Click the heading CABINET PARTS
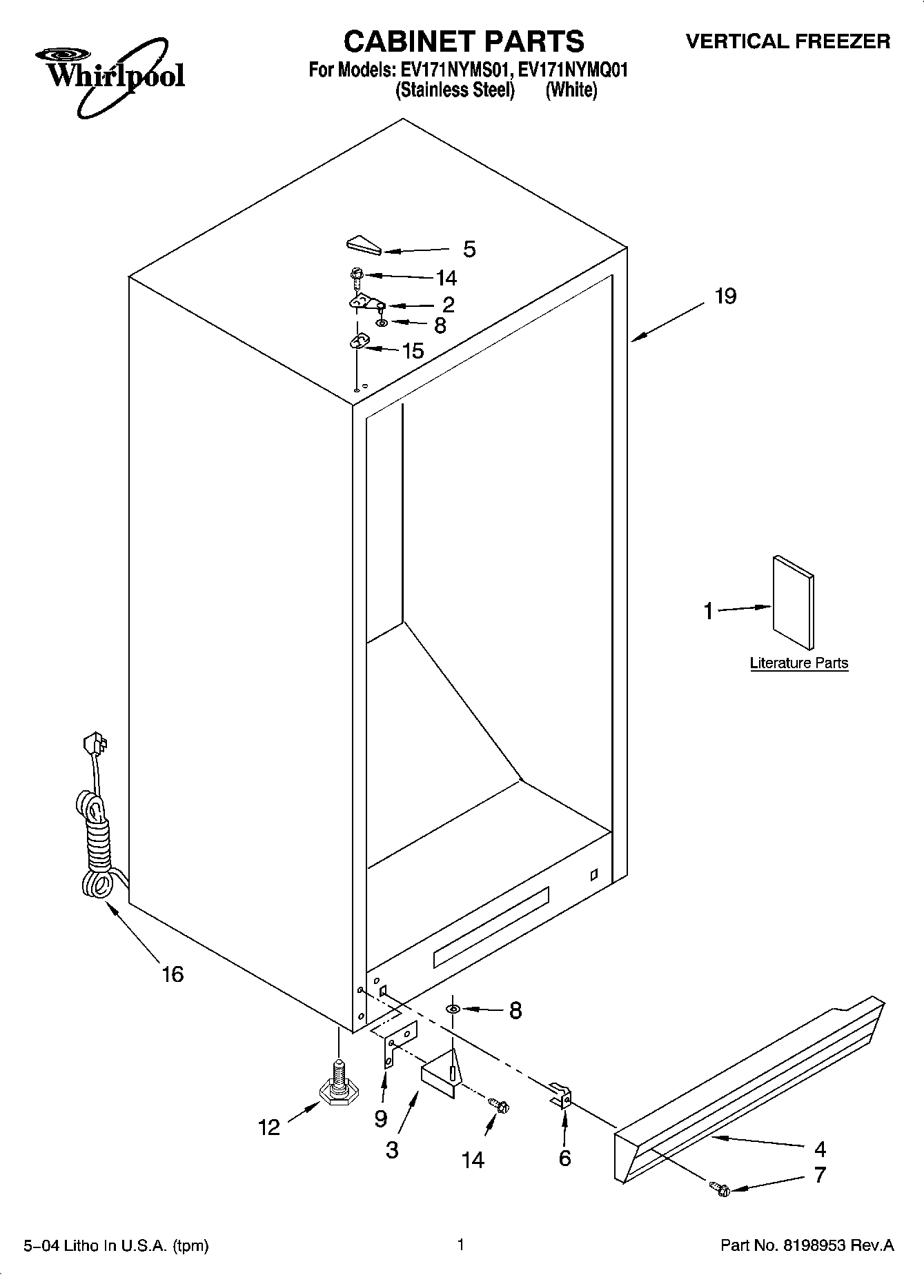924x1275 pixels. [x=463, y=42]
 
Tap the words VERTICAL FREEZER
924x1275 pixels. [x=787, y=42]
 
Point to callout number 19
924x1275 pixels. [x=726, y=297]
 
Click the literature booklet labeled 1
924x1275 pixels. [x=792, y=602]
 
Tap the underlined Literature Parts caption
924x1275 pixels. [x=798, y=663]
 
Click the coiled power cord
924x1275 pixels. [x=97, y=841]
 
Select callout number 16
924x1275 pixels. [x=173, y=974]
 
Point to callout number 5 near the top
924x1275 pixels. [x=469, y=249]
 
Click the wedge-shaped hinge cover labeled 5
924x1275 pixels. [x=363, y=245]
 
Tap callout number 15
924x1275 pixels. [x=413, y=351]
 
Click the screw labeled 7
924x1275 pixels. [x=720, y=1189]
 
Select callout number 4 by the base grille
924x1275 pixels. [x=820, y=1149]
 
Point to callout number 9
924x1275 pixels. [x=380, y=1118]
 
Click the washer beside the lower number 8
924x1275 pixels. [x=453, y=1010]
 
